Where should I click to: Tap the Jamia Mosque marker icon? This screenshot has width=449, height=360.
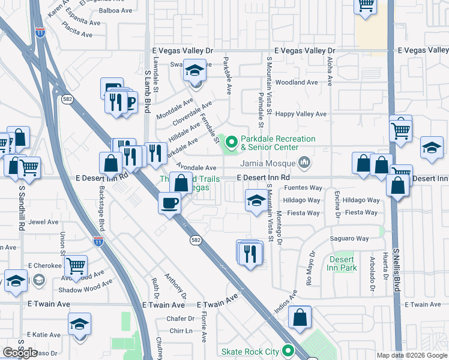click(x=305, y=163)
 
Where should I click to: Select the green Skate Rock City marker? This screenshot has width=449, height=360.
click(x=289, y=351)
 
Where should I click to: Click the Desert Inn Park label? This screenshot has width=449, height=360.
click(x=343, y=263)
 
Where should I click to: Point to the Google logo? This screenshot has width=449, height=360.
click(x=20, y=353)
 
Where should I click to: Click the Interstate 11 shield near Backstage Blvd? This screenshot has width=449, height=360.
click(x=98, y=242)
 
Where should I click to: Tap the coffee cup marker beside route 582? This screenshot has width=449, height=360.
click(x=170, y=203)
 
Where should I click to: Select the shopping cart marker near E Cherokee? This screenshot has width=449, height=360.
click(x=76, y=265)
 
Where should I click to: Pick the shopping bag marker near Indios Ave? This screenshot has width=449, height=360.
click(x=300, y=317)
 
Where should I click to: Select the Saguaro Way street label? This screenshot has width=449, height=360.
click(x=349, y=238)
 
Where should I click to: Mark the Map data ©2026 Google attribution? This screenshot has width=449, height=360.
click(x=411, y=355)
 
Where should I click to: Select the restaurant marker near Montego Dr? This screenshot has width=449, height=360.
click(x=250, y=253)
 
